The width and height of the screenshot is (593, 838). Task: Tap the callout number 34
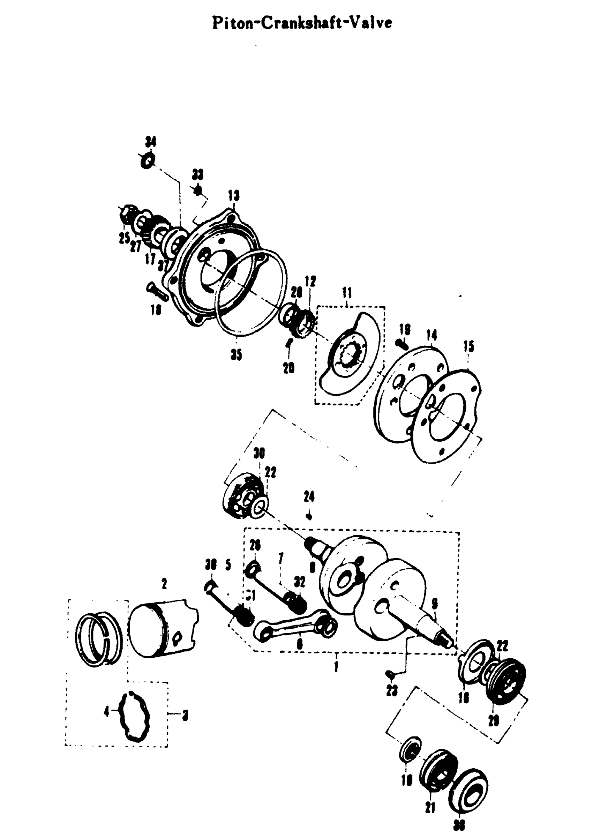(x=150, y=141)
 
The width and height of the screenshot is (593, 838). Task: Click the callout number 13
(x=234, y=196)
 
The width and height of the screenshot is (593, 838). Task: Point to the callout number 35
(x=236, y=354)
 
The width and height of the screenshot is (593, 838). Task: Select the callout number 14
(x=431, y=335)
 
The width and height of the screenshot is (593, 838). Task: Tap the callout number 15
(x=469, y=346)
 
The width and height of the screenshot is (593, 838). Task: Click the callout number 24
(x=309, y=496)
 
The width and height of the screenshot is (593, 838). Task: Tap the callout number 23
(x=392, y=690)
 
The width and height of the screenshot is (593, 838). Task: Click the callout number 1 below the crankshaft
(x=336, y=667)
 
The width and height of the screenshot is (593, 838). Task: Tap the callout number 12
(x=311, y=281)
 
